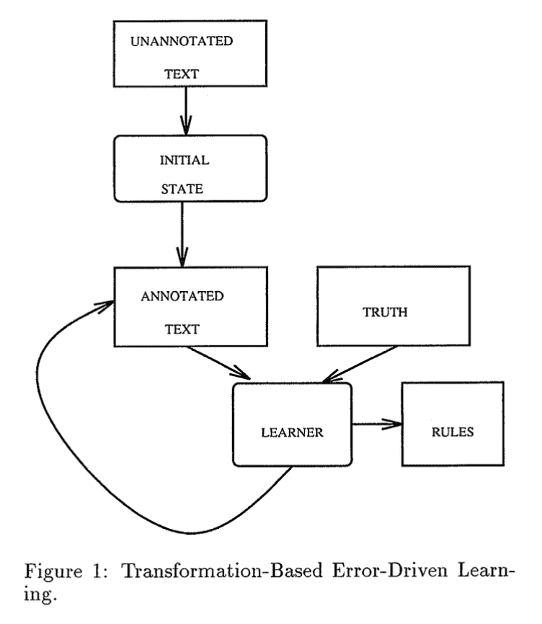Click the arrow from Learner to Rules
tap(375, 425)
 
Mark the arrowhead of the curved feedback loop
tap(105, 304)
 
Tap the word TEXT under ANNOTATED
tap(181, 329)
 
